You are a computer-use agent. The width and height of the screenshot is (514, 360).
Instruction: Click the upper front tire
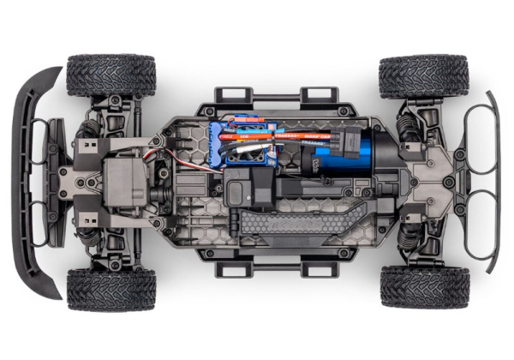point(111,75)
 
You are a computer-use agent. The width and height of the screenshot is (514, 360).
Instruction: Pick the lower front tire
point(111,288)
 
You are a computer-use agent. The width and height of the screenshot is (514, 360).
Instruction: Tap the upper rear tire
point(423,75)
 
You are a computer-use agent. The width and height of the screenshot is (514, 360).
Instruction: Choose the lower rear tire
point(425,286)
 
